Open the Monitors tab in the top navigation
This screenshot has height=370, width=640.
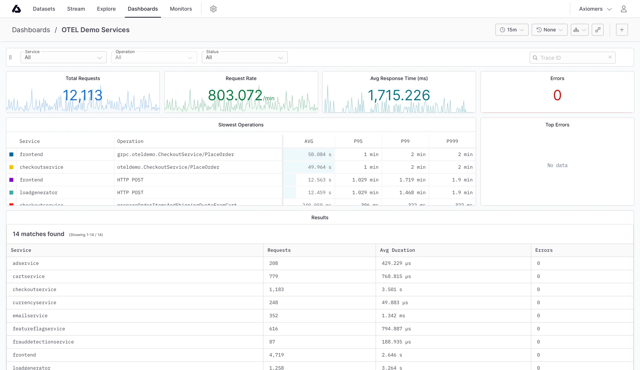[181, 9]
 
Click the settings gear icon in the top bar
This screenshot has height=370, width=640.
[213, 9]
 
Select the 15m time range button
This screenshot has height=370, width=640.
[512, 30]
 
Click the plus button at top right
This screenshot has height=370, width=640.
[622, 30]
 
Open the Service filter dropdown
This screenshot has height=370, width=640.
[63, 57]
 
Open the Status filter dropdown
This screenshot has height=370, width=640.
[244, 57]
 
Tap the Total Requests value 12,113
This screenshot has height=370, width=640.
[83, 95]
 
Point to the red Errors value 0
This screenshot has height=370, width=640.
[557, 95]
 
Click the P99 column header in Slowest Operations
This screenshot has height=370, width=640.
[405, 141]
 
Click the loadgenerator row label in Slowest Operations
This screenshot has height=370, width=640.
[39, 193]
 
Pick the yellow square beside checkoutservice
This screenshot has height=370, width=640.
[11, 167]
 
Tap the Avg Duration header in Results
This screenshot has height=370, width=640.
[397, 250]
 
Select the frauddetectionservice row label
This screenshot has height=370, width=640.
[43, 342]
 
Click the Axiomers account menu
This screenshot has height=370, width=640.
[595, 9]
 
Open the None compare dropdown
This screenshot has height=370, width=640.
[549, 30]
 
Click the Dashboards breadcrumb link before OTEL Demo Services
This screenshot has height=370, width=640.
[31, 30]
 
